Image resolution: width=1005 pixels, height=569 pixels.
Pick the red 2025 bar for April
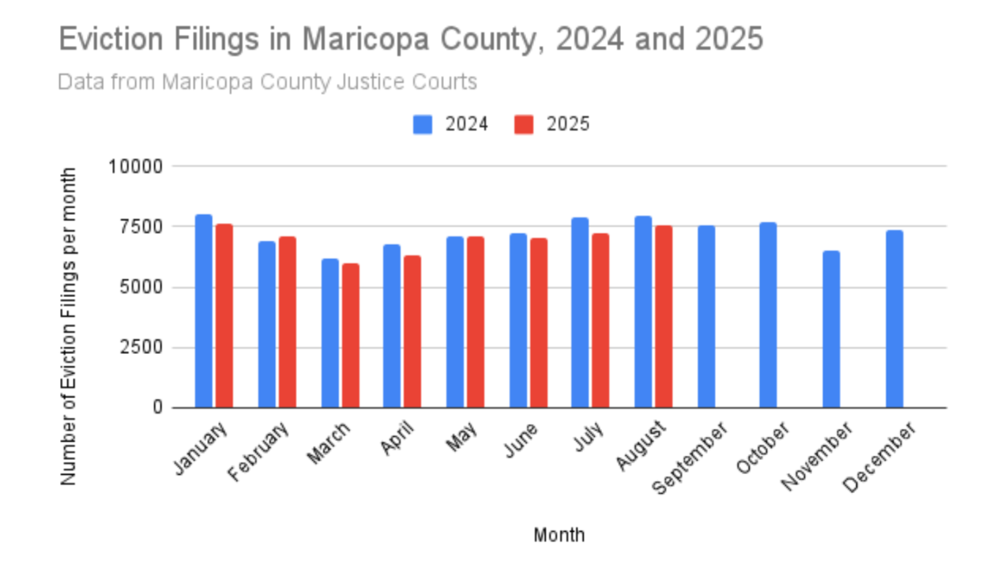412,331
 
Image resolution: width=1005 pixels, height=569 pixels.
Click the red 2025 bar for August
664,316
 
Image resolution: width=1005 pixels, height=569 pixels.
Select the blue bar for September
706,316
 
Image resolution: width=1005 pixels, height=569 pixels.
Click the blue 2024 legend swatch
423,125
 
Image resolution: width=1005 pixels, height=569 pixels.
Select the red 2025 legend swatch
524,125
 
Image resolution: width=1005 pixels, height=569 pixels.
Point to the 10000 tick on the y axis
135,167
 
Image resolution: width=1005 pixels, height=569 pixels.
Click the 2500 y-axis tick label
140,348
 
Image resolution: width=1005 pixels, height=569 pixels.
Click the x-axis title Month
559,535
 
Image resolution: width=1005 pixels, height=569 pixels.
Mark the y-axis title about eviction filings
69,326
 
